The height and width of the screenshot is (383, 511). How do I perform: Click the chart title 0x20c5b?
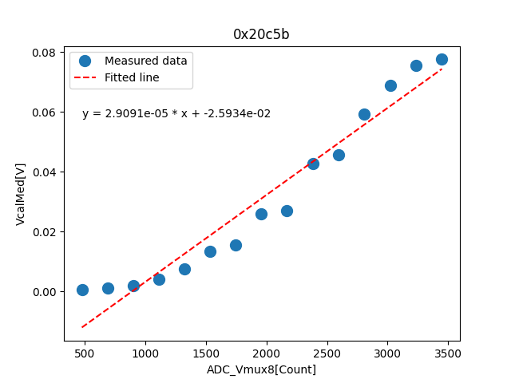pos(261,34)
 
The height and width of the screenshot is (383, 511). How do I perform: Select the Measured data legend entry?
pos(145,61)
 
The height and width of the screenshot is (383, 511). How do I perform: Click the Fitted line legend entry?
pos(132,77)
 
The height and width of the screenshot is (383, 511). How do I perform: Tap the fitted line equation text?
pos(176,114)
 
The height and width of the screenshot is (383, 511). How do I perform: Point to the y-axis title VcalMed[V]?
pos(21,194)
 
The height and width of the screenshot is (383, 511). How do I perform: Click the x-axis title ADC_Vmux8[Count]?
pos(261,369)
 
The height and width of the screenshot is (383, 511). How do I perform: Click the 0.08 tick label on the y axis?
pos(43,53)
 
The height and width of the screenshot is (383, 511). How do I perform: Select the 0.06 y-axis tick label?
pos(43,113)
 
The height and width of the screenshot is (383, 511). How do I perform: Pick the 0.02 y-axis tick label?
pos(43,232)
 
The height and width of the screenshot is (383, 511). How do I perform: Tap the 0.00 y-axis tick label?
pos(43,292)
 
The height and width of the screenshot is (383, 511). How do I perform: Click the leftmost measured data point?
pos(82,290)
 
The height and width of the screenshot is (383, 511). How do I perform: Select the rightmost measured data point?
pos(442,59)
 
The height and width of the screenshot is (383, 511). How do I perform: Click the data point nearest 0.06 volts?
pos(364,114)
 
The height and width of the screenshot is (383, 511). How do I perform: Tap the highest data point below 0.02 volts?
pos(236,245)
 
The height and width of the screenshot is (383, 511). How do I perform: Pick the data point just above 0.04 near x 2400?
pos(313,164)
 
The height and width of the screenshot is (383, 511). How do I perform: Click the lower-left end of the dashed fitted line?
pos(82,326)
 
